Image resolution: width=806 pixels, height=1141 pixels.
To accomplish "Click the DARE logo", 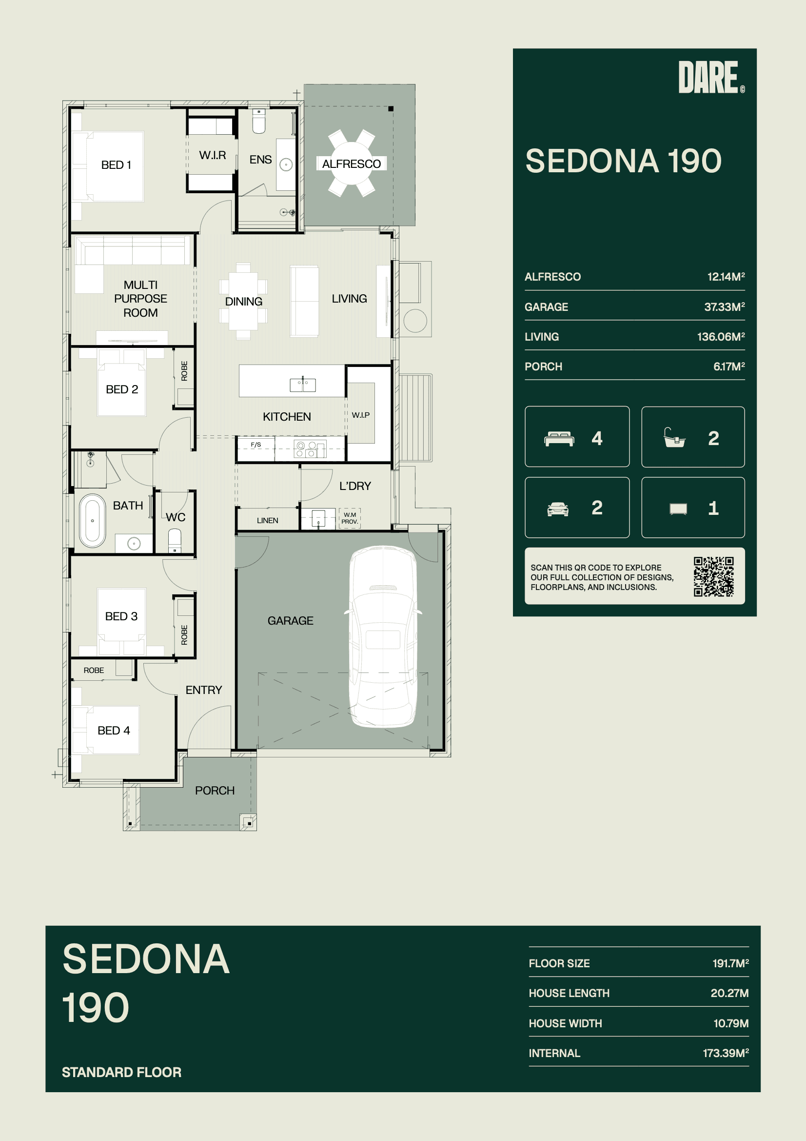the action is coord(711,77).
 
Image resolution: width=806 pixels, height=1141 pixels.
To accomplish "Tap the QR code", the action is coord(714,576).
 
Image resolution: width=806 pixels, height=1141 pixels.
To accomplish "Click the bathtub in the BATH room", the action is coord(92,520).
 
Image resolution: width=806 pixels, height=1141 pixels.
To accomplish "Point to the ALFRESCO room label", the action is coord(352,164).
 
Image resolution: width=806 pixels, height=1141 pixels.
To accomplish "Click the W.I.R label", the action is coord(213,156).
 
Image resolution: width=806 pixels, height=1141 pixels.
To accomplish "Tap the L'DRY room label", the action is coord(355,486).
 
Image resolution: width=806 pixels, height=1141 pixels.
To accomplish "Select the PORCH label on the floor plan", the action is coord(215,791).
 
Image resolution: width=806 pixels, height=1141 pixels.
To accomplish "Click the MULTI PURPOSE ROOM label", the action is coord(140,299).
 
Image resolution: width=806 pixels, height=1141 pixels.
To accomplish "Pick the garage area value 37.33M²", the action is coord(724,306).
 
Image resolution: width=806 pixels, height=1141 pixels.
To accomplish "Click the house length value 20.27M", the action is coord(729,993).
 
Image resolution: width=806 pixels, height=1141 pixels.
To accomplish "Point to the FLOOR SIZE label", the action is coord(559,963).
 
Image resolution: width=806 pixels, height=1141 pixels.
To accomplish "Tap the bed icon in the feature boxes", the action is coord(559,439).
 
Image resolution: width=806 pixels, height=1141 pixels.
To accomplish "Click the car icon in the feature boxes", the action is coord(558,509).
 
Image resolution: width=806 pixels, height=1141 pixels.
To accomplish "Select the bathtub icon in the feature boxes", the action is coord(674,438).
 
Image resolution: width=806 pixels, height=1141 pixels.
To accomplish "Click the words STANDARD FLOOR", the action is coord(122,1072).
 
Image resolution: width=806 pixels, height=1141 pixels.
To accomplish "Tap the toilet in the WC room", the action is coord(175,541).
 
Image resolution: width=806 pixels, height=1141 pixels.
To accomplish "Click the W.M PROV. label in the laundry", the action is coord(350,518).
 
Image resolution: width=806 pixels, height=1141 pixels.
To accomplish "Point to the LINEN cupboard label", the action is coord(268,520).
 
